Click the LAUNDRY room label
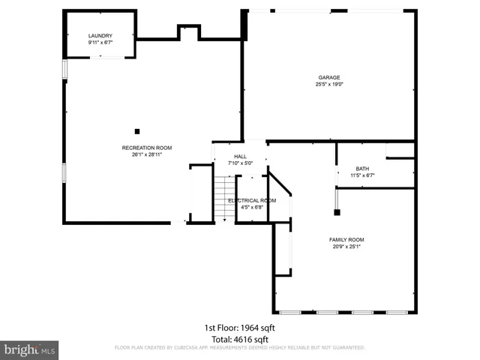tap(100, 36)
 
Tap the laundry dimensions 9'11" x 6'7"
tap(100, 43)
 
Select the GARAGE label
tap(328, 77)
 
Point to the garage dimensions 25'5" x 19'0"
tap(328, 84)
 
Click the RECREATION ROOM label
tap(142, 148)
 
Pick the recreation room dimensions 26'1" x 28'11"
tap(142, 154)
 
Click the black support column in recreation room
tap(136, 130)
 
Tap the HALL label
tap(241, 157)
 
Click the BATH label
tap(362, 169)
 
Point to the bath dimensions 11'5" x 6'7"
tap(362, 175)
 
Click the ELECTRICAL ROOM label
tap(252, 200)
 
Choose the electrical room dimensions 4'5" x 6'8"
tap(252, 207)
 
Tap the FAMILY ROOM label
tap(346, 239)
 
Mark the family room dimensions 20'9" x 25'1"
tap(346, 246)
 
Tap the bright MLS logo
tap(29, 349)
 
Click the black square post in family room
tap(337, 190)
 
